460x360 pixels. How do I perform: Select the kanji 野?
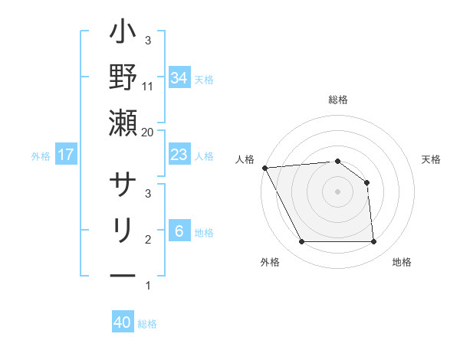pos(123,78)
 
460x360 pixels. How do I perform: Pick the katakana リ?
pos(123,230)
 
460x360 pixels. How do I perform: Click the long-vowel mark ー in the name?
pos(123,273)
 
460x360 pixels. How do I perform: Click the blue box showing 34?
pos(179,78)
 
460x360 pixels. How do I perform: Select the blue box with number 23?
pos(179,155)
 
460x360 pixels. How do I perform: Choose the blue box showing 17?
pos(66,155)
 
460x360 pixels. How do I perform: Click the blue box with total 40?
pos(123,322)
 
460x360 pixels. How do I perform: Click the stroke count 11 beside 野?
pos(148,86)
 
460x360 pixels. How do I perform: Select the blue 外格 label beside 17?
pos(41,156)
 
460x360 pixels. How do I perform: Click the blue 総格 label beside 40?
pos(147,323)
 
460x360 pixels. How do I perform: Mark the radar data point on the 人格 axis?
pos(264,168)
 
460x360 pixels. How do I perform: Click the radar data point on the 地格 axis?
pos(374,242)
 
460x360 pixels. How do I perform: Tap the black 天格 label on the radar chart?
pos(432,159)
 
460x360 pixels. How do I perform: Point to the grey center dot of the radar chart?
pos(338,191)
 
